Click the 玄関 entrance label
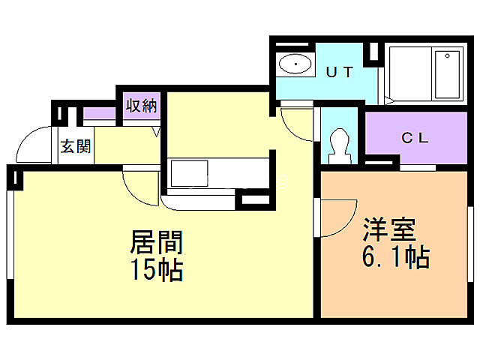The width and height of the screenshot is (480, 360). (x=76, y=146)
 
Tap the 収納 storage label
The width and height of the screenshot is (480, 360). (x=141, y=106)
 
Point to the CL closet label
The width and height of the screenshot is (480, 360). (x=415, y=138)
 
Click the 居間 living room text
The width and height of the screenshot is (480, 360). (x=157, y=241)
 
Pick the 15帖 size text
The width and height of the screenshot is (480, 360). (x=157, y=270)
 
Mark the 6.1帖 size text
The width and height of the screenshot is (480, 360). (x=395, y=258)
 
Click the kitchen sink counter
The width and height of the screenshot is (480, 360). (x=214, y=174)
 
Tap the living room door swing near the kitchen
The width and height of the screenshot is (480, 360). (x=141, y=186)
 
